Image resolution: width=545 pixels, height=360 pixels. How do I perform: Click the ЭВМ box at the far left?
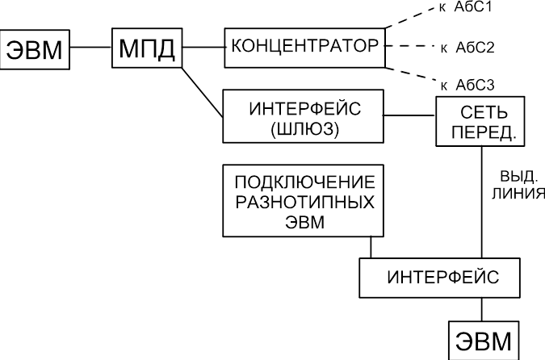tap(35, 50)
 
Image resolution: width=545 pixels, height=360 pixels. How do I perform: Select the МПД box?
tap(147, 48)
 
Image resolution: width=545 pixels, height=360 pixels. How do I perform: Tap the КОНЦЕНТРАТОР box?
tap(305, 48)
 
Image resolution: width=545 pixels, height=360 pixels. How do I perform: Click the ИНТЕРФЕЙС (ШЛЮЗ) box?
tap(303, 116)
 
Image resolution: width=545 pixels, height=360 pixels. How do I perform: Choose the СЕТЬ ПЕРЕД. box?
tap(480, 121)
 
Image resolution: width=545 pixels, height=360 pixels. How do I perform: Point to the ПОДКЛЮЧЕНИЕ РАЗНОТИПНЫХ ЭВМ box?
tap(303, 201)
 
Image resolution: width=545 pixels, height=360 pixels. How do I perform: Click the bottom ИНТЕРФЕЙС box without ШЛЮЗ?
tap(440, 278)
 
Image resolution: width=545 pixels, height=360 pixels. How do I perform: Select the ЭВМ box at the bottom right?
tap(484, 340)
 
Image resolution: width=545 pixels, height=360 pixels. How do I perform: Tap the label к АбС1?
tap(466, 7)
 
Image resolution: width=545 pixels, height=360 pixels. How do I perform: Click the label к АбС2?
tap(467, 48)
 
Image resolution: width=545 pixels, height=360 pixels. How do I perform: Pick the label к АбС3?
tap(467, 85)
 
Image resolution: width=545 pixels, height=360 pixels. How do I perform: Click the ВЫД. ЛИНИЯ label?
tap(518, 185)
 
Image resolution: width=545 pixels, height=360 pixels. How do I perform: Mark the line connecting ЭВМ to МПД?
tap(90, 47)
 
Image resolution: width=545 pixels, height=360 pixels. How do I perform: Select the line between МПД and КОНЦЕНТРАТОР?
tap(203, 47)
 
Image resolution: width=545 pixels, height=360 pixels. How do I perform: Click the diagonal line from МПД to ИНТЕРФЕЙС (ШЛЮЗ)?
tap(203, 92)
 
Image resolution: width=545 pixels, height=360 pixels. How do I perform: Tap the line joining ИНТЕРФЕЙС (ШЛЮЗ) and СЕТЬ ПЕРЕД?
tap(409, 115)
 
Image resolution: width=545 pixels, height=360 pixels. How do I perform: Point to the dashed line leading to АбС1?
tap(410, 18)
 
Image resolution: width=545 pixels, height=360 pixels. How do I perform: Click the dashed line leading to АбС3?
tap(411, 75)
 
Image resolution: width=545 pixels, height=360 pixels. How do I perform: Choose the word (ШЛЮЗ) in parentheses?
tap(304, 130)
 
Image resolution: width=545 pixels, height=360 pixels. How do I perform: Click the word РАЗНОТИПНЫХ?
tap(305, 203)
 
